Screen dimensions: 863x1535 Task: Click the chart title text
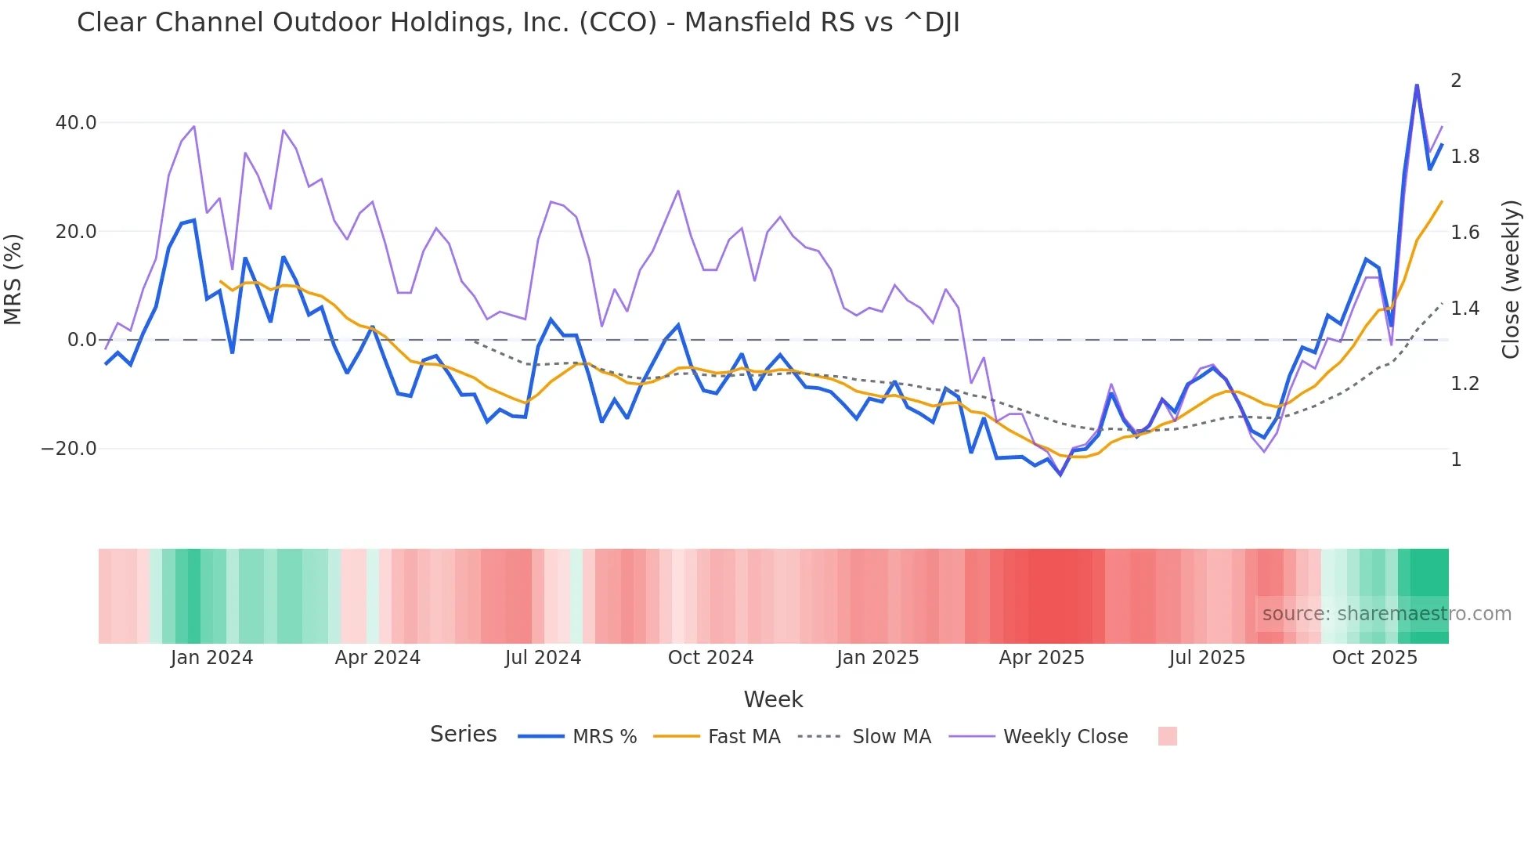(x=518, y=23)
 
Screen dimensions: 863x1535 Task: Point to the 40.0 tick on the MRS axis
(x=76, y=123)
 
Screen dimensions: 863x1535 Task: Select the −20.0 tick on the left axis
(x=69, y=449)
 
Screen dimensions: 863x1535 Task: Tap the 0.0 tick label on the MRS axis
(x=81, y=340)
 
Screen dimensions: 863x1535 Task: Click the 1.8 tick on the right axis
(x=1465, y=157)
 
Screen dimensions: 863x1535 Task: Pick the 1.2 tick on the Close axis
(x=1465, y=384)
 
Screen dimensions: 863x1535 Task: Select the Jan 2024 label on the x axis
(x=211, y=658)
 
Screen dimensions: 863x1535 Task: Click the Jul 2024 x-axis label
(x=543, y=658)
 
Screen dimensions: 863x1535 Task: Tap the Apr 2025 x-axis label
(x=1041, y=658)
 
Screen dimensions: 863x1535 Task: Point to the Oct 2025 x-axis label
(x=1374, y=658)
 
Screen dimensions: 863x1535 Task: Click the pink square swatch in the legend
(x=1167, y=736)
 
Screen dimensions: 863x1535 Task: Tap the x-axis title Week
(x=773, y=699)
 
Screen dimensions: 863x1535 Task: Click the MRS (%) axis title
(x=13, y=279)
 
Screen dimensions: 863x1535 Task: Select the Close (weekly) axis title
(x=1511, y=279)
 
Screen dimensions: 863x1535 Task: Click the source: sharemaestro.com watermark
(x=1386, y=614)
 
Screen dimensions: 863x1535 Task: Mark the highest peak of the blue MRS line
(x=1417, y=85)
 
